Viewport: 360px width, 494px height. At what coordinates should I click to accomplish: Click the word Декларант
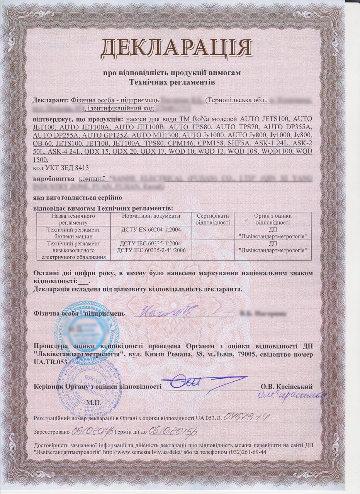(51, 99)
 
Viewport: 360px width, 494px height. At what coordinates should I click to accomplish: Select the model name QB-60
(42, 143)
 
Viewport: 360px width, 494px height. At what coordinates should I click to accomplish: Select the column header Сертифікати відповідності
(213, 219)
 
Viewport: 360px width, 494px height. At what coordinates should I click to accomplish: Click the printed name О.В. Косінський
(286, 386)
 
